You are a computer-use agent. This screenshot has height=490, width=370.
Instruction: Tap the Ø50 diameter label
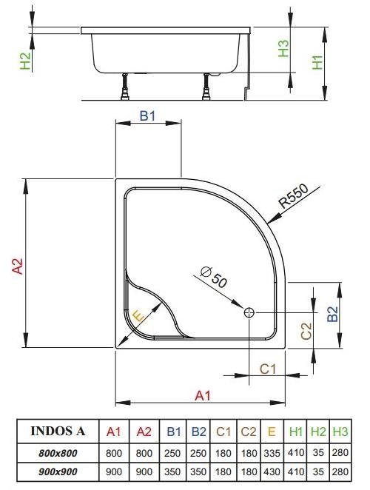click(215, 279)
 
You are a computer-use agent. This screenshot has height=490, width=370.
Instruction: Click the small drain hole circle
click(249, 312)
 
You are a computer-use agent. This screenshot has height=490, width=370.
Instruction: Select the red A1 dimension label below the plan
click(203, 396)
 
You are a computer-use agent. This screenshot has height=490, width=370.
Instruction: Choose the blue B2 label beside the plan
click(333, 315)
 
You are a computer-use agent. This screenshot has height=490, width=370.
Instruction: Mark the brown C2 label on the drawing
click(306, 331)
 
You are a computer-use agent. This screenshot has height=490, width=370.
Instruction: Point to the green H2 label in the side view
click(26, 61)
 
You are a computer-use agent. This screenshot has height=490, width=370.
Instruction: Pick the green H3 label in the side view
click(283, 48)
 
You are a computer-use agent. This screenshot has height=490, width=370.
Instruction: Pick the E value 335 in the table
click(272, 452)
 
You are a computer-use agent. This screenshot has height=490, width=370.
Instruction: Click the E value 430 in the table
click(272, 471)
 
